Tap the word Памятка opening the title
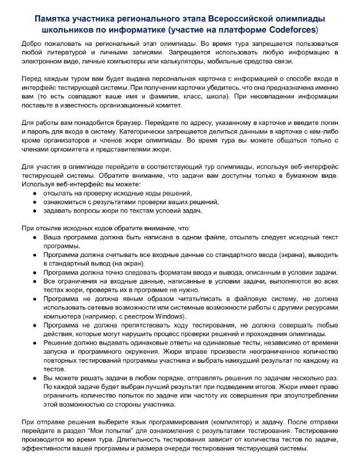pos(54,18)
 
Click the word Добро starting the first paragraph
pos(32,44)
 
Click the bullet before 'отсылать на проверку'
pos(35,194)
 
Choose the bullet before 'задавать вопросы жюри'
pos(35,210)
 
